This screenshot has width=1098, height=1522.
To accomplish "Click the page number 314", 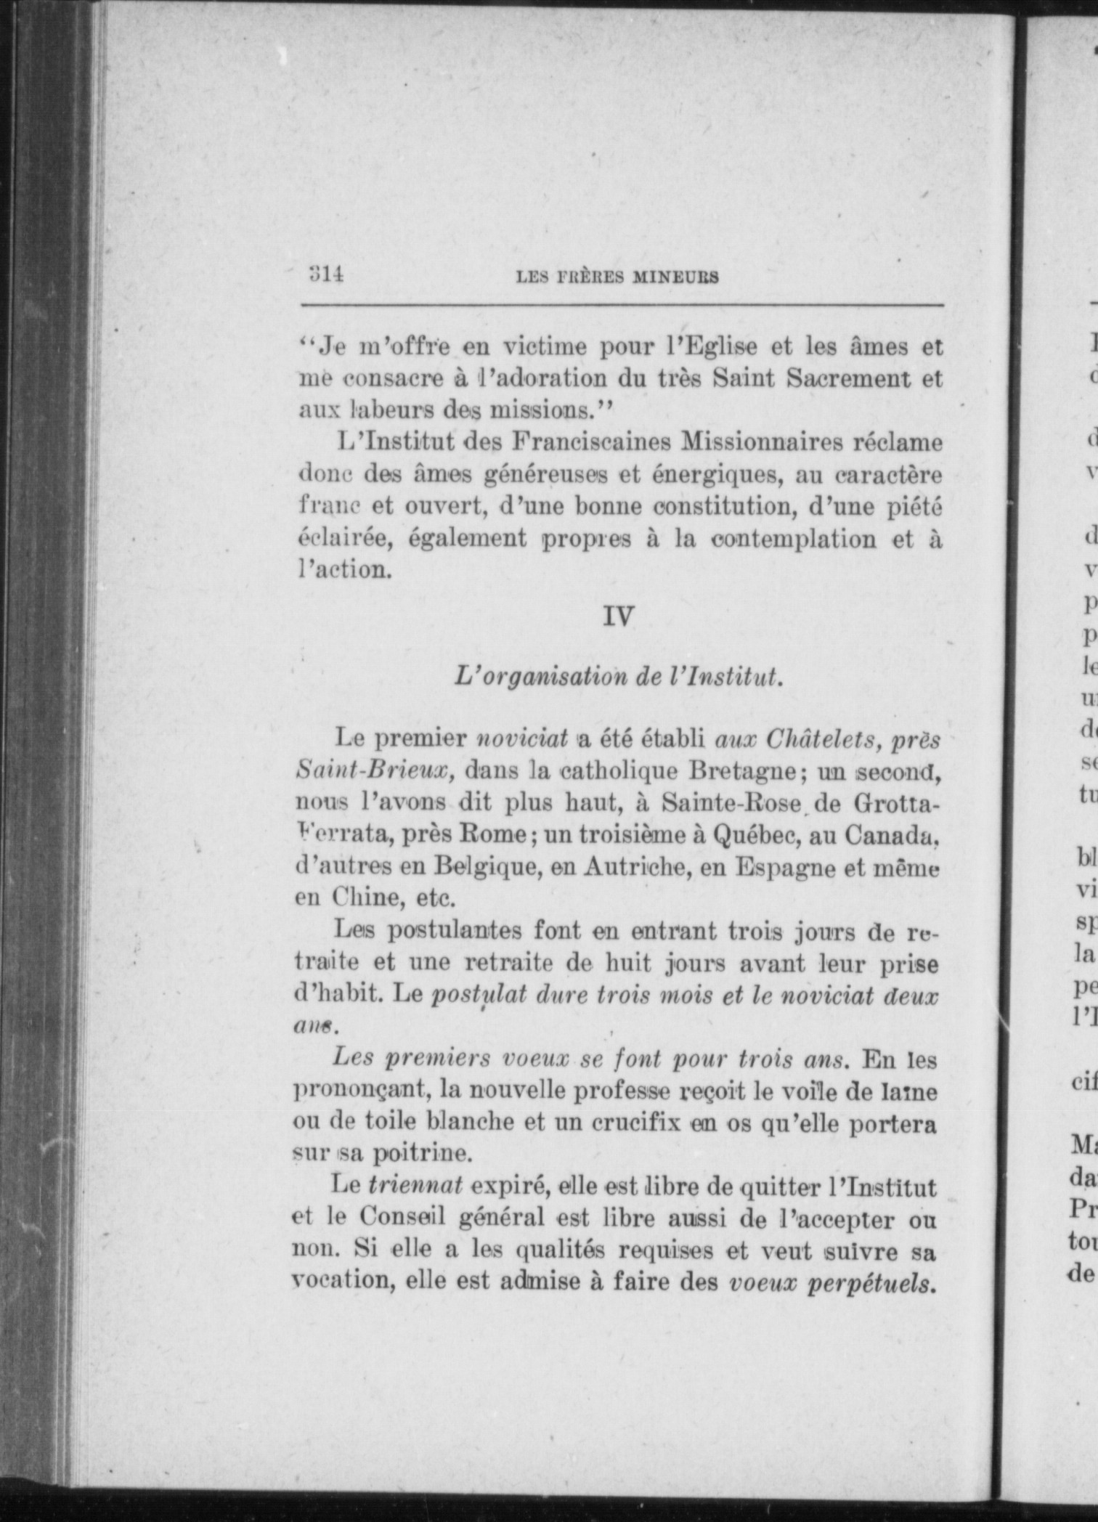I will pos(325,275).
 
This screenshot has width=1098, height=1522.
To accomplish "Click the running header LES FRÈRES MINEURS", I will pos(617,277).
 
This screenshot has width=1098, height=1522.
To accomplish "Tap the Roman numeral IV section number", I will pos(619,616).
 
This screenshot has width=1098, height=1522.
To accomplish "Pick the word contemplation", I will pos(794,539).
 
